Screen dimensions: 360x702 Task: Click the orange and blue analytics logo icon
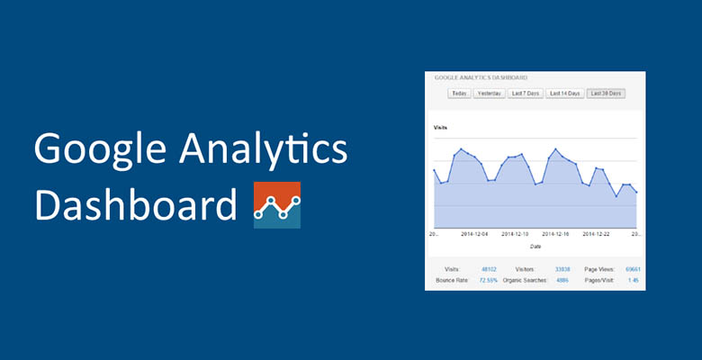277,205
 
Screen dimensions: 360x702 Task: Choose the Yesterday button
490,93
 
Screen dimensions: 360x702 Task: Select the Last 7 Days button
525,93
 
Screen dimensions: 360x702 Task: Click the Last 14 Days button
564,93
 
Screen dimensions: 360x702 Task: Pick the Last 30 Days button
605,93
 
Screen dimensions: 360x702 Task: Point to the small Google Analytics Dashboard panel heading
481,77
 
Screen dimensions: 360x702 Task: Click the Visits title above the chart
441,127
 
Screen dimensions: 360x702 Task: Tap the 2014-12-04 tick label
473,233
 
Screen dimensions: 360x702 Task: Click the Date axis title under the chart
535,245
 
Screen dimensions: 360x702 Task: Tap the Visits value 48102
487,269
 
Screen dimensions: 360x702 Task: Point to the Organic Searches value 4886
562,280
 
